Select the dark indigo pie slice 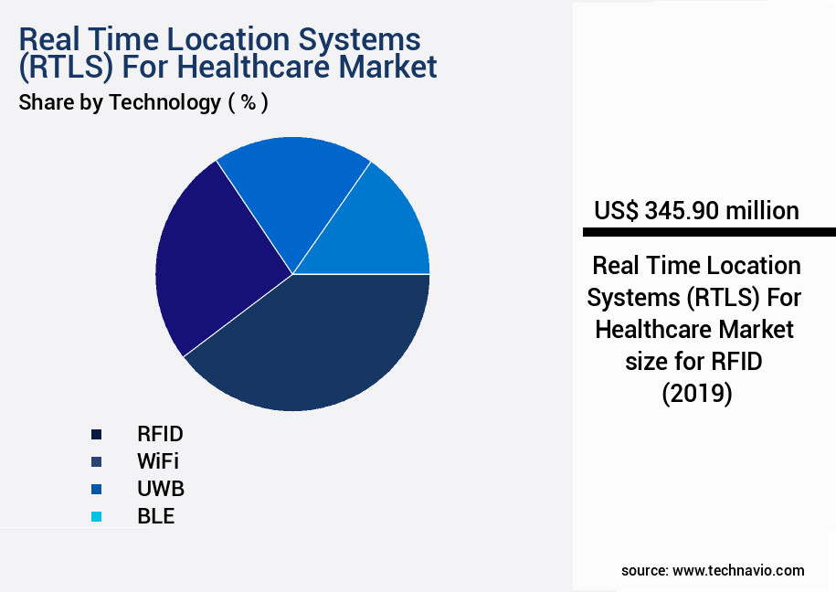(215, 260)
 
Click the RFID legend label (160, 434)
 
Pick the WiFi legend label (157, 461)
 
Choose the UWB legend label (161, 489)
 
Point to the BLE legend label (155, 516)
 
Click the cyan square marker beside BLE (96, 517)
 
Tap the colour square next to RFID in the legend (96, 434)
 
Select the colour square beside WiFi (96, 461)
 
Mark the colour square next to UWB (96, 489)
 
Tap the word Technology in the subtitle (164, 102)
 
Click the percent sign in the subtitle (247, 102)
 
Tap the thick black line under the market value (704, 232)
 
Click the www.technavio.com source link (738, 570)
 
